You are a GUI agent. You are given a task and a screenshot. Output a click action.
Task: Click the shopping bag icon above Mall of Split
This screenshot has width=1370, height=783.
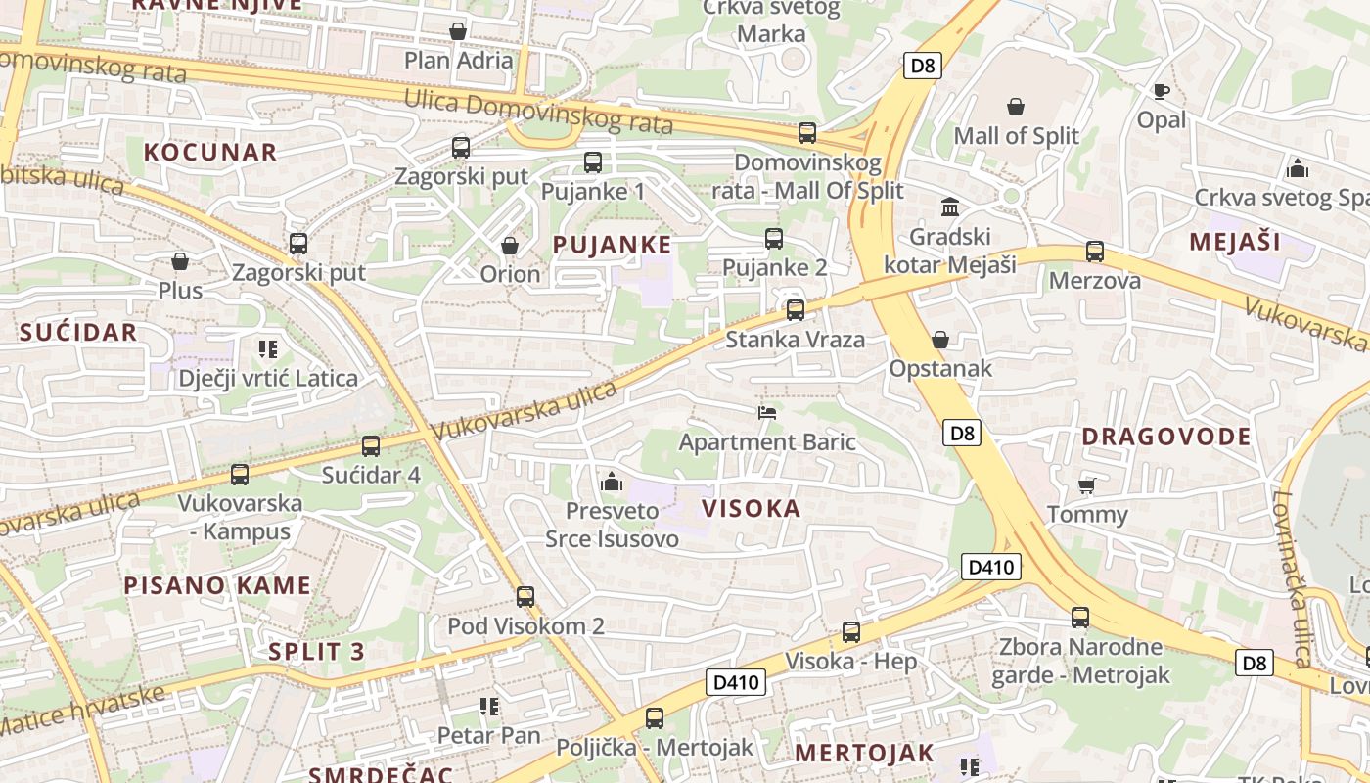click(x=1016, y=106)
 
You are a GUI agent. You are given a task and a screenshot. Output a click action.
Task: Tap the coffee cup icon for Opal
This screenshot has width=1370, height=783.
click(x=1161, y=91)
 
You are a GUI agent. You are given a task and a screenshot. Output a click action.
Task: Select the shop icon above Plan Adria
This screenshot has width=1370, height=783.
click(x=457, y=31)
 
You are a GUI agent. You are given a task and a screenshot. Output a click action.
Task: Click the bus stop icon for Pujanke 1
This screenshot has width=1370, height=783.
click(x=592, y=162)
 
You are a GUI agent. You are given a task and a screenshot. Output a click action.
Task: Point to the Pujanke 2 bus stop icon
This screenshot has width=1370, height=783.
click(x=774, y=238)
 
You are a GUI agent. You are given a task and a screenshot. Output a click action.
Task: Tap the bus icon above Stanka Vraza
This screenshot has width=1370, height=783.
click(x=796, y=310)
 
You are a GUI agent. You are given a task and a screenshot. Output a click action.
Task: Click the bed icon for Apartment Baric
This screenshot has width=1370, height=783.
click(x=767, y=412)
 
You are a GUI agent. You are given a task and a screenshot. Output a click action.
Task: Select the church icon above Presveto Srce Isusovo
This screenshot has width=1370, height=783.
click(x=612, y=481)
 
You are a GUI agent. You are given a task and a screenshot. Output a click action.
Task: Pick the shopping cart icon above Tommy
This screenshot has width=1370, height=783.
click(x=1086, y=485)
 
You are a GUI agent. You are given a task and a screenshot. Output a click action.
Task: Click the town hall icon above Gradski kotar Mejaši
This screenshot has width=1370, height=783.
click(x=950, y=207)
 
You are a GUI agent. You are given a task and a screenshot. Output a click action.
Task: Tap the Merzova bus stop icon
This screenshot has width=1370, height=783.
click(x=1095, y=252)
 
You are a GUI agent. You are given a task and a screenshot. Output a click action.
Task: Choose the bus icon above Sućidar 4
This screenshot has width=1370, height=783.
click(x=371, y=446)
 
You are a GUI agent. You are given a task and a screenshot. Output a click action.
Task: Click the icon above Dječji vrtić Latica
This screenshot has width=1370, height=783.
click(x=268, y=348)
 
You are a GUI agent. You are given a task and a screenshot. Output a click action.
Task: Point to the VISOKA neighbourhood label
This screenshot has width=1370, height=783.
click(x=752, y=508)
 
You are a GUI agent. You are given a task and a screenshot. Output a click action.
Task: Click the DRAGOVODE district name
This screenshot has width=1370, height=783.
click(x=1166, y=437)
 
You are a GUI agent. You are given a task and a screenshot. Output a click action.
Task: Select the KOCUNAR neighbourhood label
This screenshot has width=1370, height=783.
click(x=210, y=152)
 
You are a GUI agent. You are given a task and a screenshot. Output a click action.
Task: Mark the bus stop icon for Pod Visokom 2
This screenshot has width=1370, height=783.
click(x=525, y=596)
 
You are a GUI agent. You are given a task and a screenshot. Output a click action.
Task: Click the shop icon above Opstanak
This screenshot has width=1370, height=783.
click(x=940, y=340)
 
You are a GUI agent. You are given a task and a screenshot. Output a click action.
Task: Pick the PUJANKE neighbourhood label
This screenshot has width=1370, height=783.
click(x=613, y=245)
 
